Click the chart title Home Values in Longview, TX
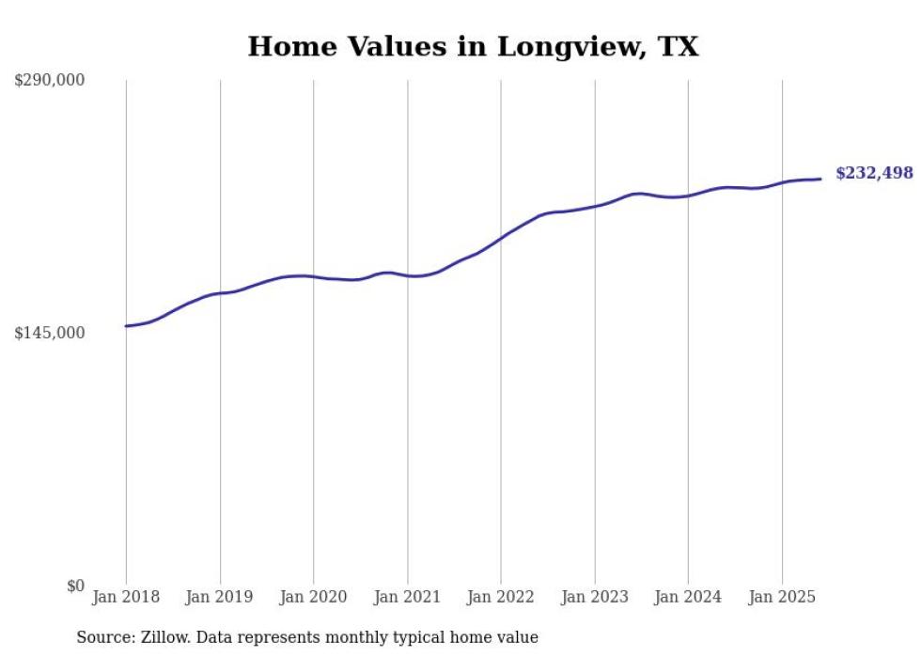point(473,46)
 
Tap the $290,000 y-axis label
point(50,80)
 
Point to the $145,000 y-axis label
point(50,333)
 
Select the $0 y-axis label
point(76,586)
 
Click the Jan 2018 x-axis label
point(126,597)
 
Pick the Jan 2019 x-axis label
point(220,597)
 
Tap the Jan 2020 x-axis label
point(314,597)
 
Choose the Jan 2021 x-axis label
point(407,597)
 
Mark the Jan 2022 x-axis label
point(501,597)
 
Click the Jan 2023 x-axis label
point(595,597)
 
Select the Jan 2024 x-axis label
point(688,597)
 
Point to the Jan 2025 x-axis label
point(782,597)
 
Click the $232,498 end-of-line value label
point(874,173)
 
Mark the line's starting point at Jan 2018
point(126,326)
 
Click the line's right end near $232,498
point(820,179)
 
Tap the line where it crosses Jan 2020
point(314,276)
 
